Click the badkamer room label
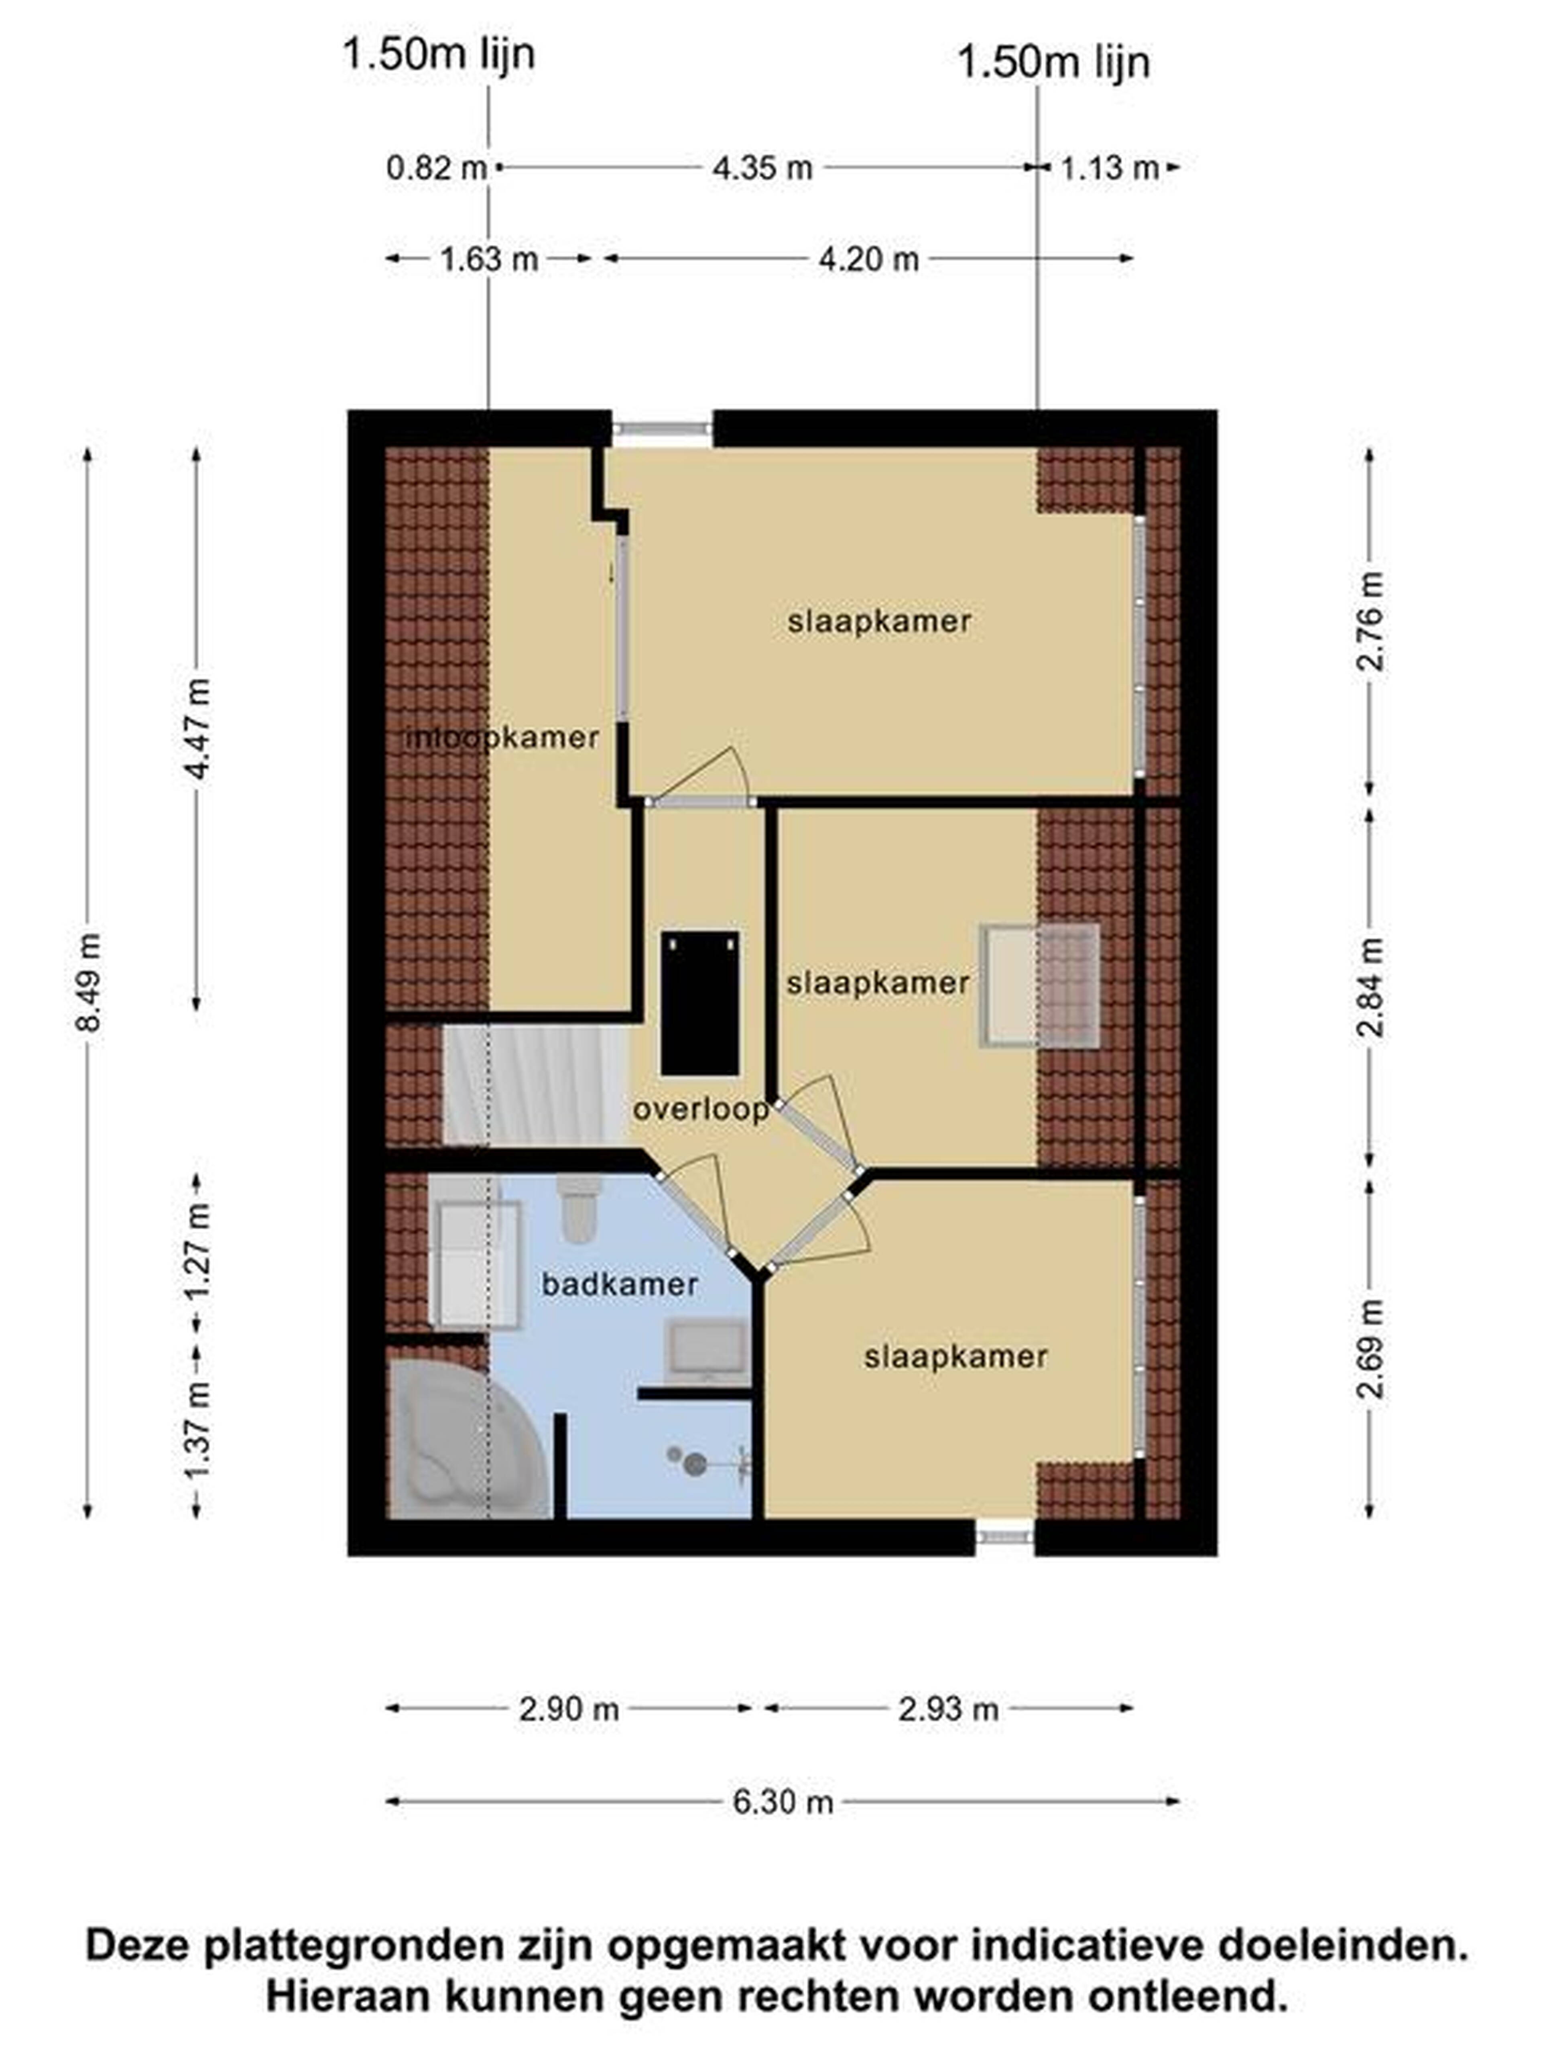coord(620,1285)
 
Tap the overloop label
coord(700,1109)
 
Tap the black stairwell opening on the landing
coord(699,1003)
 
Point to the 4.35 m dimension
coord(762,168)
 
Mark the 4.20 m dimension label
coord(868,259)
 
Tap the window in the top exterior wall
coord(661,428)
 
